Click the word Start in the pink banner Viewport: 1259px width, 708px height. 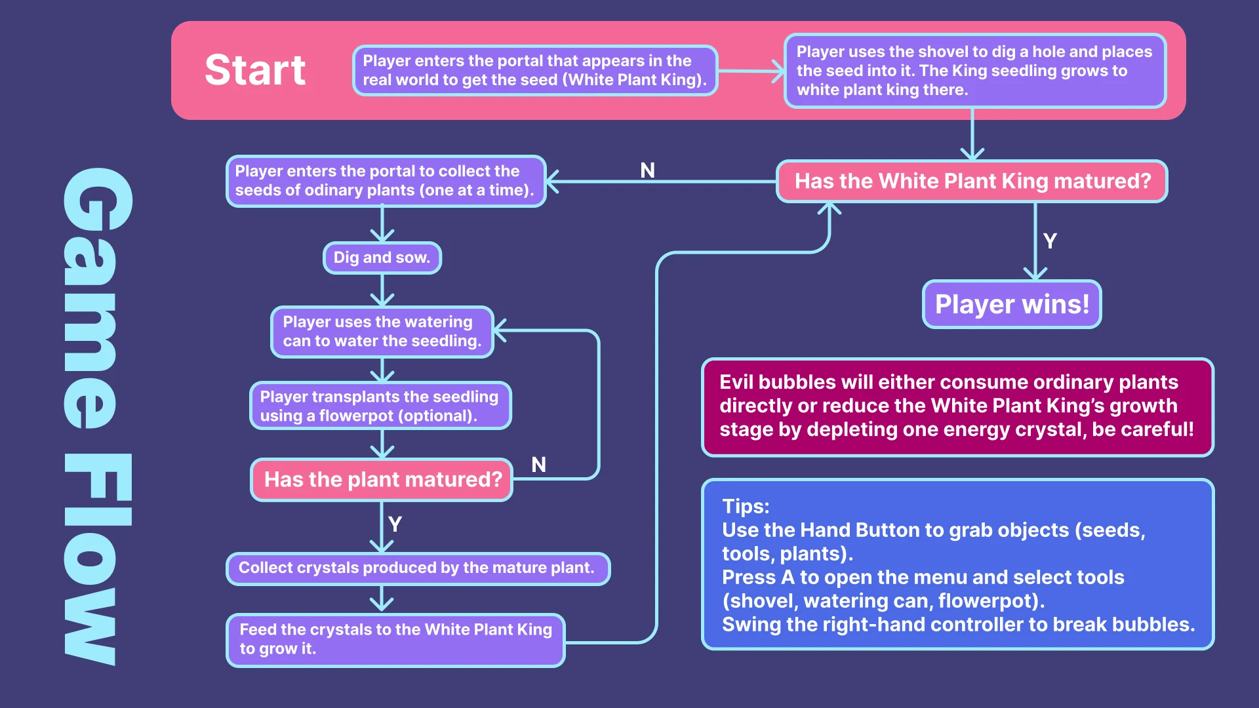click(x=255, y=70)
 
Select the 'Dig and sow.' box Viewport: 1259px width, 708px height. click(x=382, y=258)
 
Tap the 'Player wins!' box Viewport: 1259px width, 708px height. click(x=1012, y=304)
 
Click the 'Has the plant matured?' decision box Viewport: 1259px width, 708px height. click(x=382, y=480)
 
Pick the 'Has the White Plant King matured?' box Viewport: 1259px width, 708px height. click(x=972, y=181)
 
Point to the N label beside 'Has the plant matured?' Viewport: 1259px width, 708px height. click(x=538, y=465)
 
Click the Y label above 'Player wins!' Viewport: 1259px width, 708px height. click(x=1050, y=241)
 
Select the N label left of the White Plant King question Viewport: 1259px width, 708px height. click(x=647, y=170)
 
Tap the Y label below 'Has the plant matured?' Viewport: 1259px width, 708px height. click(x=395, y=524)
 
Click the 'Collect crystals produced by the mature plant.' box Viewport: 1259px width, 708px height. click(x=418, y=568)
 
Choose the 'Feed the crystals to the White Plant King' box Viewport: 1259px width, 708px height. click(x=395, y=640)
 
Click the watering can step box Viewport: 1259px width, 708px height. click(x=382, y=332)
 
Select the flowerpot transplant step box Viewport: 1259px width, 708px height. click(x=380, y=406)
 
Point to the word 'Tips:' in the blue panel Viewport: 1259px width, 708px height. click(x=746, y=507)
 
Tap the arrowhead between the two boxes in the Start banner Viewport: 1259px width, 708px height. click(x=778, y=71)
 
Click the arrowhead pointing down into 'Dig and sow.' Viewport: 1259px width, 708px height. click(x=382, y=235)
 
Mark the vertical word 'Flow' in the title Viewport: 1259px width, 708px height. click(x=98, y=559)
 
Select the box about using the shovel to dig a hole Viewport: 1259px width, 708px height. click(x=975, y=71)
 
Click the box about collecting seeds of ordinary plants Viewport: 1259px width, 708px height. click(x=386, y=181)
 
